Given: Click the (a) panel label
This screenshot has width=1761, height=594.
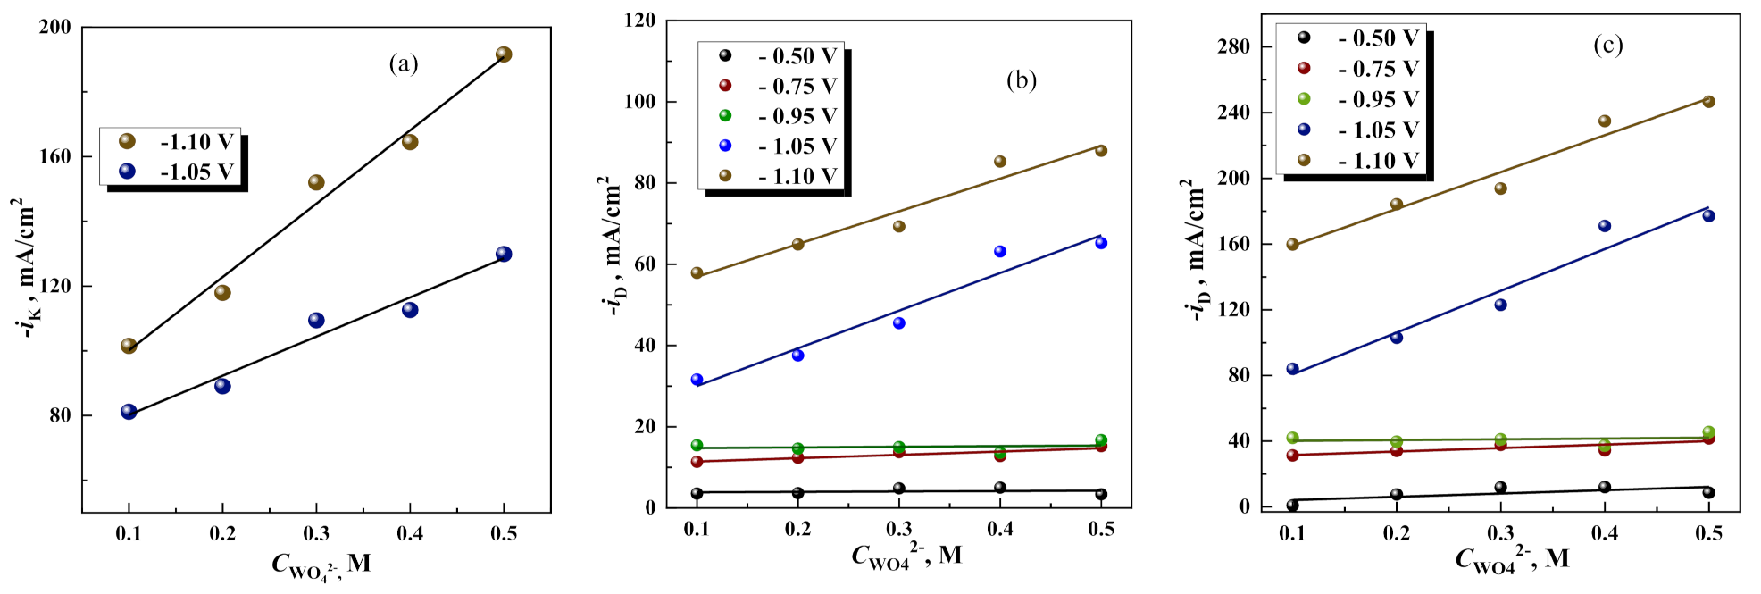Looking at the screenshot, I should (403, 63).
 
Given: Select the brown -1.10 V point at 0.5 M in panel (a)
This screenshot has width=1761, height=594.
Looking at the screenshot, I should (504, 54).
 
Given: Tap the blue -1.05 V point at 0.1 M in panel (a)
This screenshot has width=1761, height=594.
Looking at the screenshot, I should (129, 412).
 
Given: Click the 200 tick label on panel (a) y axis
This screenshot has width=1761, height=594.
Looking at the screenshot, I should (55, 27).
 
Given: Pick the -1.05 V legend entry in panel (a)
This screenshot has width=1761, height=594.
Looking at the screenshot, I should (179, 172).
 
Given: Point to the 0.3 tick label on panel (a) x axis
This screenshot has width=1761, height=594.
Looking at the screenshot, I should (316, 533).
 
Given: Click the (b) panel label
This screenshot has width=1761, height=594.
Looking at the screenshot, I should (1021, 80).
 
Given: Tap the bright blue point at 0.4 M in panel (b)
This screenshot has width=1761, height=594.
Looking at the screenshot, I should (1000, 252).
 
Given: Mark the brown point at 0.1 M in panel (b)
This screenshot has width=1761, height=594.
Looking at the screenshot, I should (697, 272).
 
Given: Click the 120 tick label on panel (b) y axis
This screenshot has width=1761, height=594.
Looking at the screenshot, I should (639, 20).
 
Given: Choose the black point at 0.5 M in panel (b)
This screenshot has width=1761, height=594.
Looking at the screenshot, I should (1101, 494).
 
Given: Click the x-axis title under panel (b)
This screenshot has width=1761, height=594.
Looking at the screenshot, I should (906, 556).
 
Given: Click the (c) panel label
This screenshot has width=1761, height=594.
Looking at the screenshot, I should (1607, 45).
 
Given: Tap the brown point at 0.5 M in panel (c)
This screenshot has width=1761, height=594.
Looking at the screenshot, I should (1708, 102).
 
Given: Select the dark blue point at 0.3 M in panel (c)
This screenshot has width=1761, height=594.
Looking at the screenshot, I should (1500, 305).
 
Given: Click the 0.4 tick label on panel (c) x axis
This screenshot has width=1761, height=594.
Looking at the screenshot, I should (1604, 533).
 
